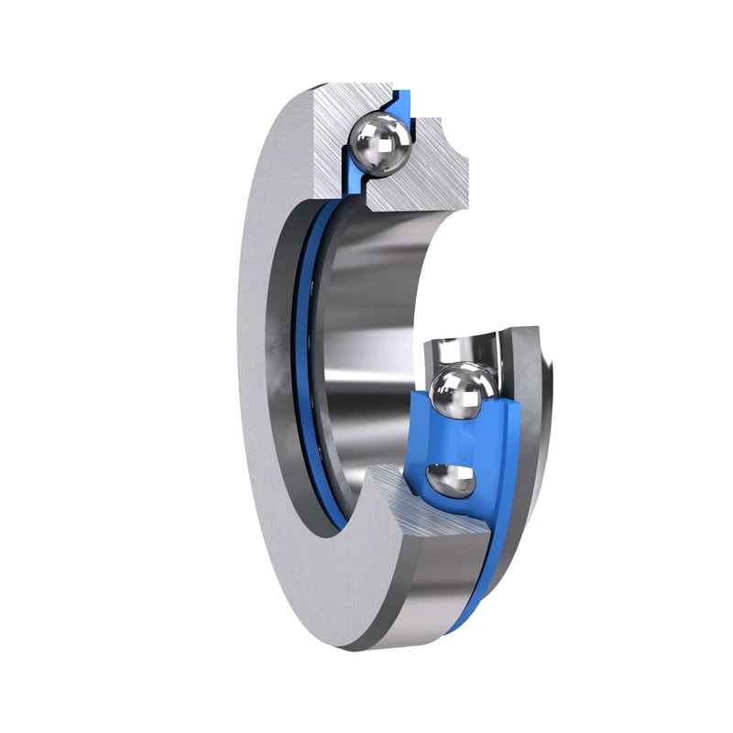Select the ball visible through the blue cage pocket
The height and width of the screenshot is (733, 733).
coord(451,478)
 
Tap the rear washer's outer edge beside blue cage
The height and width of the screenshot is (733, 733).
coord(536,412)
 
